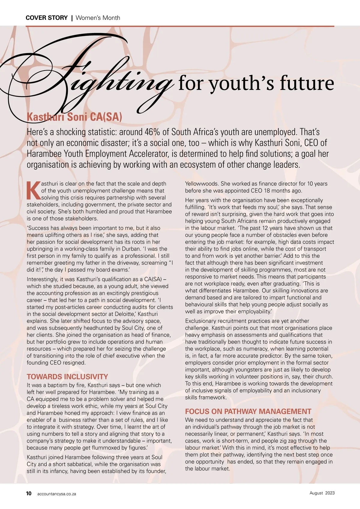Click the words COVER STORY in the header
coord(46,18)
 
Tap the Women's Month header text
coord(98,18)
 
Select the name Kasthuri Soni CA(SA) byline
coord(74,117)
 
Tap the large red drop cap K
coord(33,191)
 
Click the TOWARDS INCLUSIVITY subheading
coord(67,377)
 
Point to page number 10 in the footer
coord(29,493)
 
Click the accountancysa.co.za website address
coord(57,494)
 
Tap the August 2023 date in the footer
coord(322,493)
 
